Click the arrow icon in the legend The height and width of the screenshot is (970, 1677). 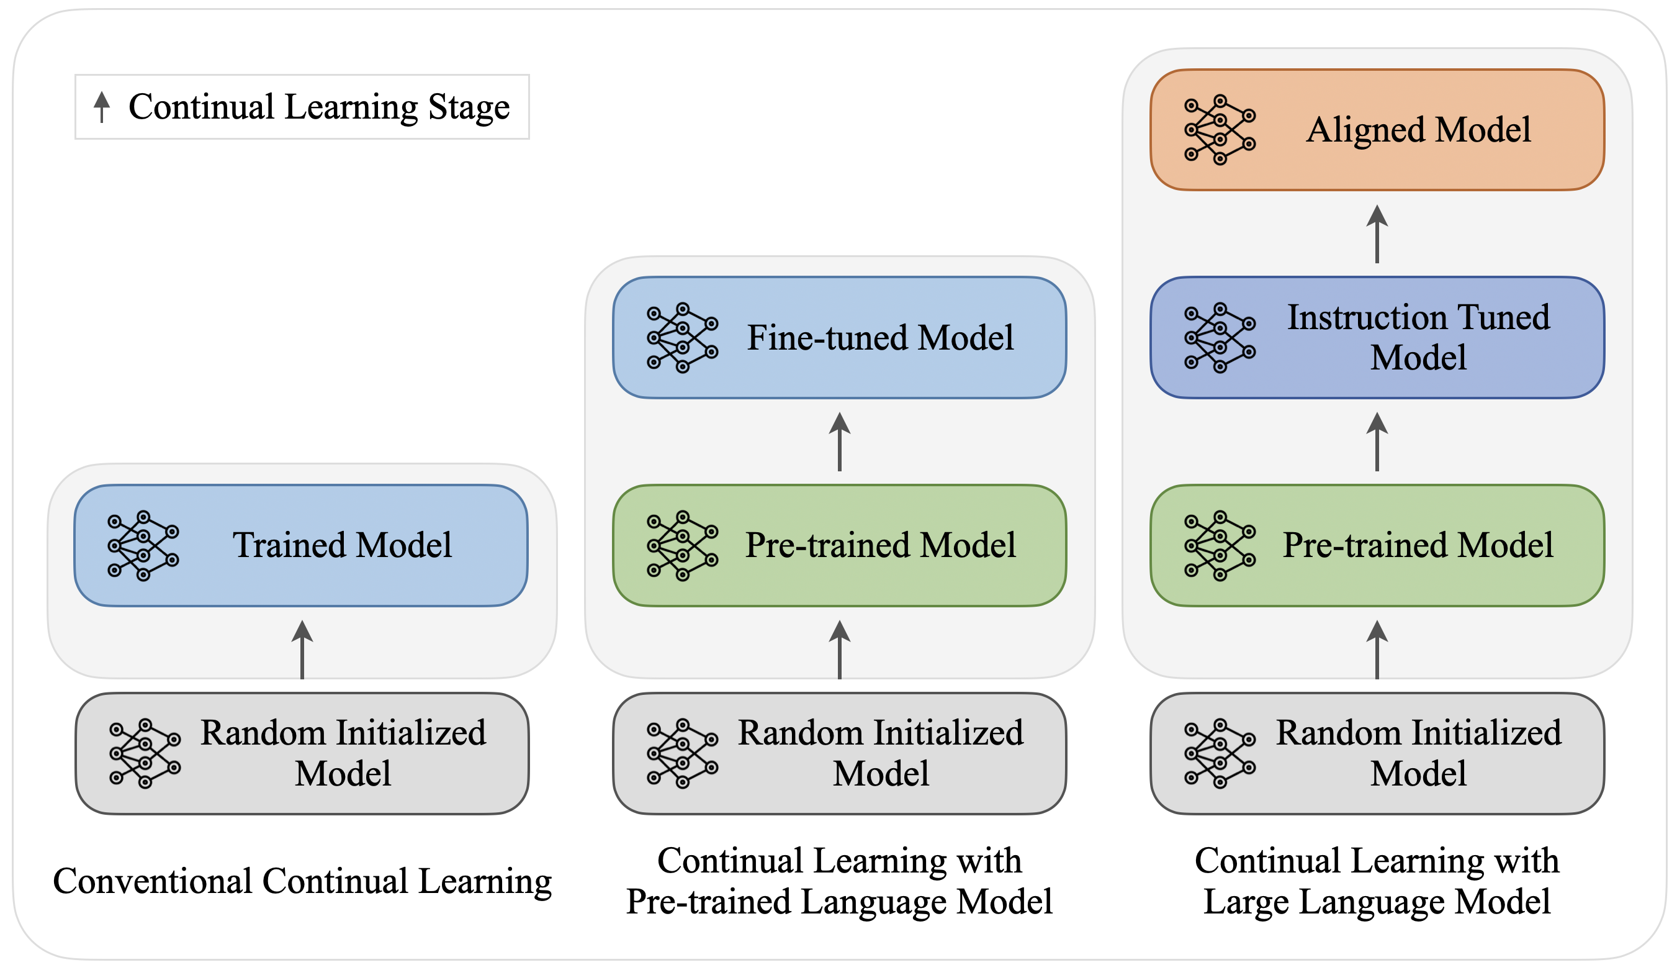click(102, 107)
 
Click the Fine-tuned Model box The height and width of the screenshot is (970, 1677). click(839, 338)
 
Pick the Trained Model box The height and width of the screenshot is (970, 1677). click(302, 545)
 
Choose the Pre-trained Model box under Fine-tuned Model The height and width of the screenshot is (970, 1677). click(839, 545)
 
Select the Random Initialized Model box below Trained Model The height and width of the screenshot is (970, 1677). click(302, 753)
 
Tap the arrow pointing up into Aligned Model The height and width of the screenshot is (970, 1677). click(1377, 233)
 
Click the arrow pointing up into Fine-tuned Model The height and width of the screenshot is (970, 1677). click(839, 442)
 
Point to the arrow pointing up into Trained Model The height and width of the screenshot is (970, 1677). click(302, 649)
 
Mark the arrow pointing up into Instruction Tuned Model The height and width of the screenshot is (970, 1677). click(1377, 442)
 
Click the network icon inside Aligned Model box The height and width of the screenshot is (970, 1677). click(1220, 130)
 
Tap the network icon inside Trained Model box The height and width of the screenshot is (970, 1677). click(143, 545)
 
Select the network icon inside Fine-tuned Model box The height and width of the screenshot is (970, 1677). click(682, 338)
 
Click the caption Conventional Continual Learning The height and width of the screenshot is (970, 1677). click(302, 881)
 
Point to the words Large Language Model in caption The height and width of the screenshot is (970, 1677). click(1377, 902)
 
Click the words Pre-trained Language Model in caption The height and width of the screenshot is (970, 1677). click(839, 902)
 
